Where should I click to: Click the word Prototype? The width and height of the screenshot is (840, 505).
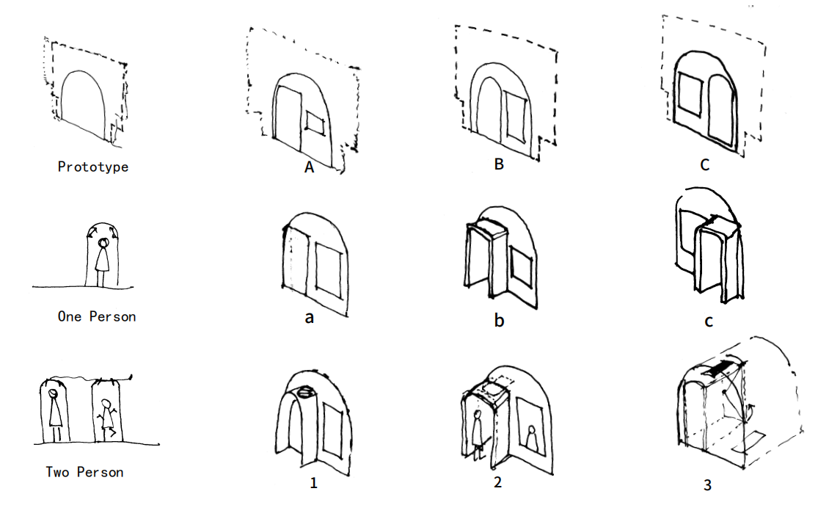pos(93,167)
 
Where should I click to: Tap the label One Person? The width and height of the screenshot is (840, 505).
pos(97,316)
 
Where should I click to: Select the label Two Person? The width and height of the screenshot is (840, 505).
pos(84,472)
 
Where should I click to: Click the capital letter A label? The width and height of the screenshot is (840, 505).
pos(309,167)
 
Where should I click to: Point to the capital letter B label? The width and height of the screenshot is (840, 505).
pos(499,164)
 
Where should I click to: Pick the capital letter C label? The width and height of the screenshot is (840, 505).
pos(705,164)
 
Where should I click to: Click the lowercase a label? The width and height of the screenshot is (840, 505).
pos(309,318)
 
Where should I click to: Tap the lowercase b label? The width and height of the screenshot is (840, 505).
pos(499,320)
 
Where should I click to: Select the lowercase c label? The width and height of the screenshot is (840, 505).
pos(708,321)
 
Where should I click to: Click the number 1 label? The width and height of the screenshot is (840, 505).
pos(313,482)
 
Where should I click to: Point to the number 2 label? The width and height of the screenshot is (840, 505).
pos(497,482)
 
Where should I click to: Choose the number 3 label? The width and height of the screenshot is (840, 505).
pos(707,484)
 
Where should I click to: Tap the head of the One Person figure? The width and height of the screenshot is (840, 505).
pos(103,244)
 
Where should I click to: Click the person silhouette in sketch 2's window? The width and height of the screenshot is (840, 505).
pos(531,437)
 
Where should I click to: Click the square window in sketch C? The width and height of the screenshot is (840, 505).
pos(690,95)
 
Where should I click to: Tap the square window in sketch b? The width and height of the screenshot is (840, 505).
pos(521,266)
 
